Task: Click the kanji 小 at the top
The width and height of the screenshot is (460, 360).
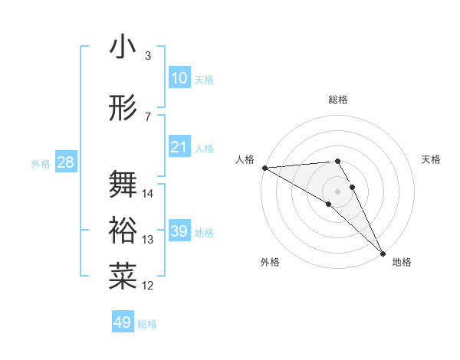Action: click(123, 47)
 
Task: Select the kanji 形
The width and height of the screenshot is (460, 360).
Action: click(123, 109)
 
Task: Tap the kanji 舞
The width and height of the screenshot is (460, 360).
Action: click(123, 185)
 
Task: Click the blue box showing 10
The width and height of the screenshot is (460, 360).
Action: click(179, 78)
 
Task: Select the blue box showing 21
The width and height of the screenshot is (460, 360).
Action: click(179, 147)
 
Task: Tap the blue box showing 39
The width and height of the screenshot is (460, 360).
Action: click(179, 231)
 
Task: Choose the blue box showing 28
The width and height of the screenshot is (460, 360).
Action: click(65, 162)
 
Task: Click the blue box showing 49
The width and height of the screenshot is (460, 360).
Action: click(123, 322)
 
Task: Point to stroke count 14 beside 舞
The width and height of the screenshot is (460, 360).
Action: click(148, 194)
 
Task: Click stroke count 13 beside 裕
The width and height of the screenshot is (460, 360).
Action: click(148, 240)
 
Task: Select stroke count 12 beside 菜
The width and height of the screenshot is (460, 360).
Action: click(148, 286)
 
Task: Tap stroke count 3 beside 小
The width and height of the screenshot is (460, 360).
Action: click(148, 56)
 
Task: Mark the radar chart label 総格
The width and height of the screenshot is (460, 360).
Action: click(337, 100)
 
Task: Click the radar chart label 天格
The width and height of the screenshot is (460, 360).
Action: click(432, 159)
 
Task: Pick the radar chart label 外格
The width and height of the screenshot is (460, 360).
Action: click(269, 262)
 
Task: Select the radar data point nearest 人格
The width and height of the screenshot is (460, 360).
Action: click(264, 168)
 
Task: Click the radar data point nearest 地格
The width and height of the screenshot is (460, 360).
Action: click(383, 254)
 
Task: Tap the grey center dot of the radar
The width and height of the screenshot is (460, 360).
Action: click(337, 191)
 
